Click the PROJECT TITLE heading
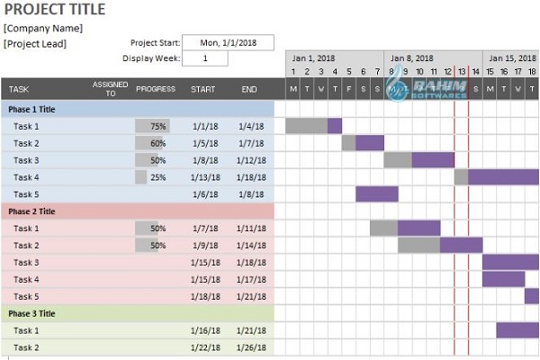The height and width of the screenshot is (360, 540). (x=55, y=10)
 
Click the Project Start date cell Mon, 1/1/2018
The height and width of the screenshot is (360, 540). (x=229, y=41)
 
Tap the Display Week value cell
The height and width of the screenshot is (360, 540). (x=204, y=58)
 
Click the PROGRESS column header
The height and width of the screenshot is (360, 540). (x=155, y=89)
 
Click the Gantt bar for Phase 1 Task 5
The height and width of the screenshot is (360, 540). (x=376, y=194)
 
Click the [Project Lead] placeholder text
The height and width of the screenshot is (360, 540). (x=35, y=43)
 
